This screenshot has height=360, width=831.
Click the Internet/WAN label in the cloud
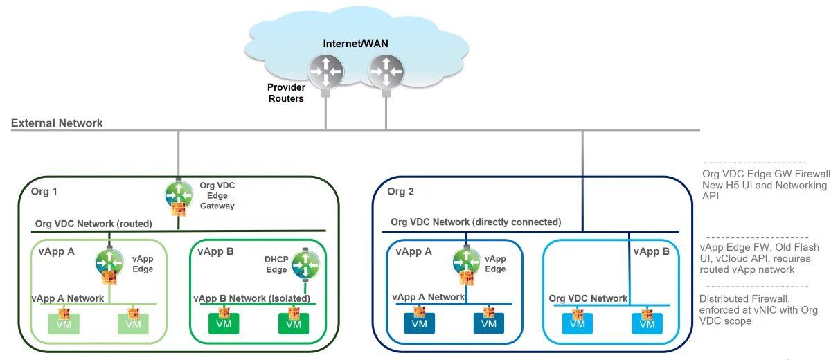[x=355, y=44]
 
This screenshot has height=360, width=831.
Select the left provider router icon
[x=325, y=71]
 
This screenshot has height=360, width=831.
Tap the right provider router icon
[x=386, y=71]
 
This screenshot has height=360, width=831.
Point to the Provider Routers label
[x=286, y=93]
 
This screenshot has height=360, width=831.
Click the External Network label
[x=57, y=123]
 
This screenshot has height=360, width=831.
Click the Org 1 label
[x=44, y=191]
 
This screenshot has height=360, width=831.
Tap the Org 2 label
[x=400, y=191]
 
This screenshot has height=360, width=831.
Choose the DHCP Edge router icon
[x=305, y=264]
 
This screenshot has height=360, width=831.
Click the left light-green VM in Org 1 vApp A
[x=64, y=324]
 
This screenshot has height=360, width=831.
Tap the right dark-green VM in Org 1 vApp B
[x=294, y=324]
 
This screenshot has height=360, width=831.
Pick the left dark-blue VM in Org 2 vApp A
[x=419, y=323]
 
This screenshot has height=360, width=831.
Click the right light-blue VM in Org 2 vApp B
[x=647, y=324]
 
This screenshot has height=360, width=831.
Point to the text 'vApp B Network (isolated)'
[x=251, y=298]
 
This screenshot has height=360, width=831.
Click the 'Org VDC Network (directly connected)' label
[x=476, y=222]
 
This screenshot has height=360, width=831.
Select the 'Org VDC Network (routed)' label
[x=93, y=224]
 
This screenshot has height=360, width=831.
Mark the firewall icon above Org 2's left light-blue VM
[x=578, y=314]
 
